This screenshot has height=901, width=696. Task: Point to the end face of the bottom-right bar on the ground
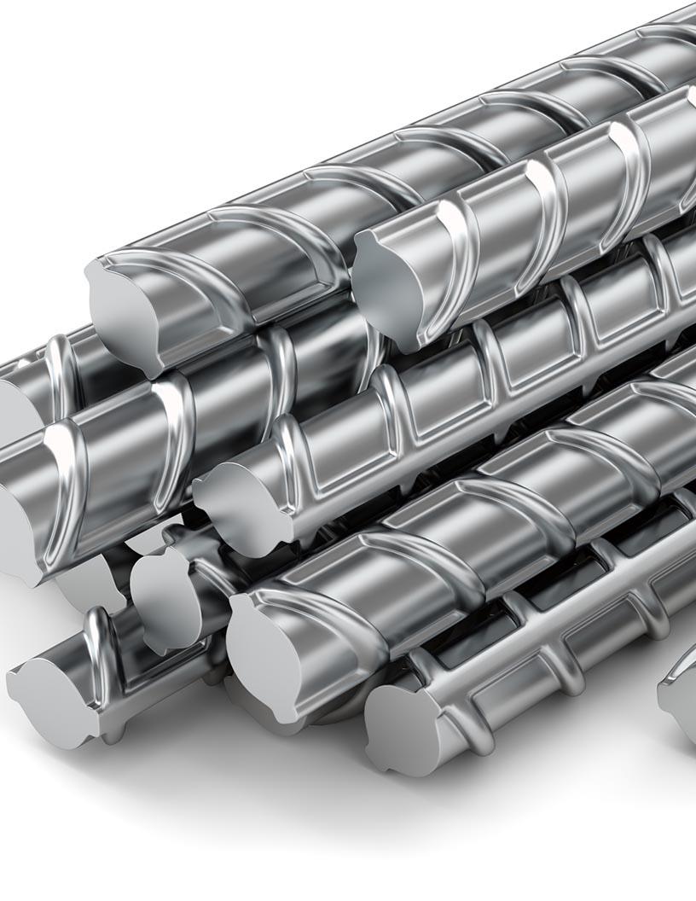click(401, 725)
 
